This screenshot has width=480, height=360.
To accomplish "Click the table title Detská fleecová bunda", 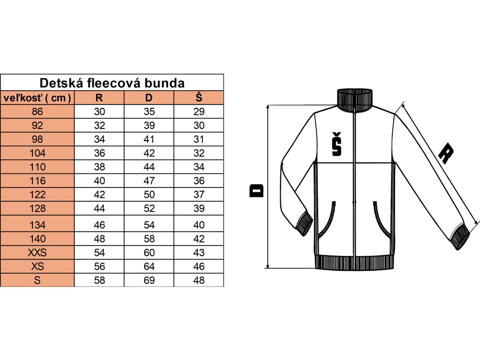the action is tap(112, 83).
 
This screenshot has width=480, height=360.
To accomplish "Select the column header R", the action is tap(99, 98).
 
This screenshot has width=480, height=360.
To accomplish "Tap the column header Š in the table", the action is tap(199, 98).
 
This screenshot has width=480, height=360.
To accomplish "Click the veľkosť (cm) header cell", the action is tap(37, 98).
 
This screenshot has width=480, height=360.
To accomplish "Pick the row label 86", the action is tap(37, 112).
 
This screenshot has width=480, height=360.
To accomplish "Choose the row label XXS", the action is tap(37, 253).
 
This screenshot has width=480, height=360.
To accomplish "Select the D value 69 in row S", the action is tap(149, 280).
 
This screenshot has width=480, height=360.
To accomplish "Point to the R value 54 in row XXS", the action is tap(99, 253).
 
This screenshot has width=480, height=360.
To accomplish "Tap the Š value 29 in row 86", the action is tap(199, 112).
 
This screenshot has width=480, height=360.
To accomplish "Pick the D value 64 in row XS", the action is tap(149, 266).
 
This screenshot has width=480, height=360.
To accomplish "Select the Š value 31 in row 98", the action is tap(199, 140).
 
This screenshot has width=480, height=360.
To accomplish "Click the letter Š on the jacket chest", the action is tap(336, 144).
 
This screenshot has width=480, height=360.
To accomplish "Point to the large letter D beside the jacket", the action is tap(257, 190).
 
